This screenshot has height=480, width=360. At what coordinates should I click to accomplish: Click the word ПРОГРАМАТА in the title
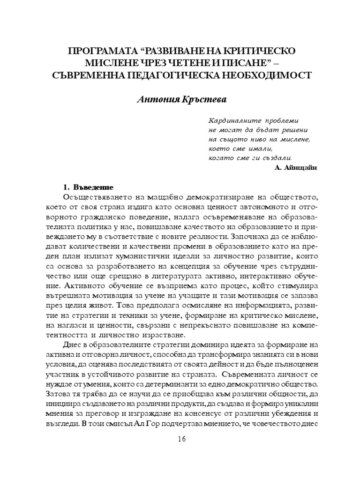coord(98,51)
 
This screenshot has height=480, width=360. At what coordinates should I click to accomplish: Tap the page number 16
coord(182,439)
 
